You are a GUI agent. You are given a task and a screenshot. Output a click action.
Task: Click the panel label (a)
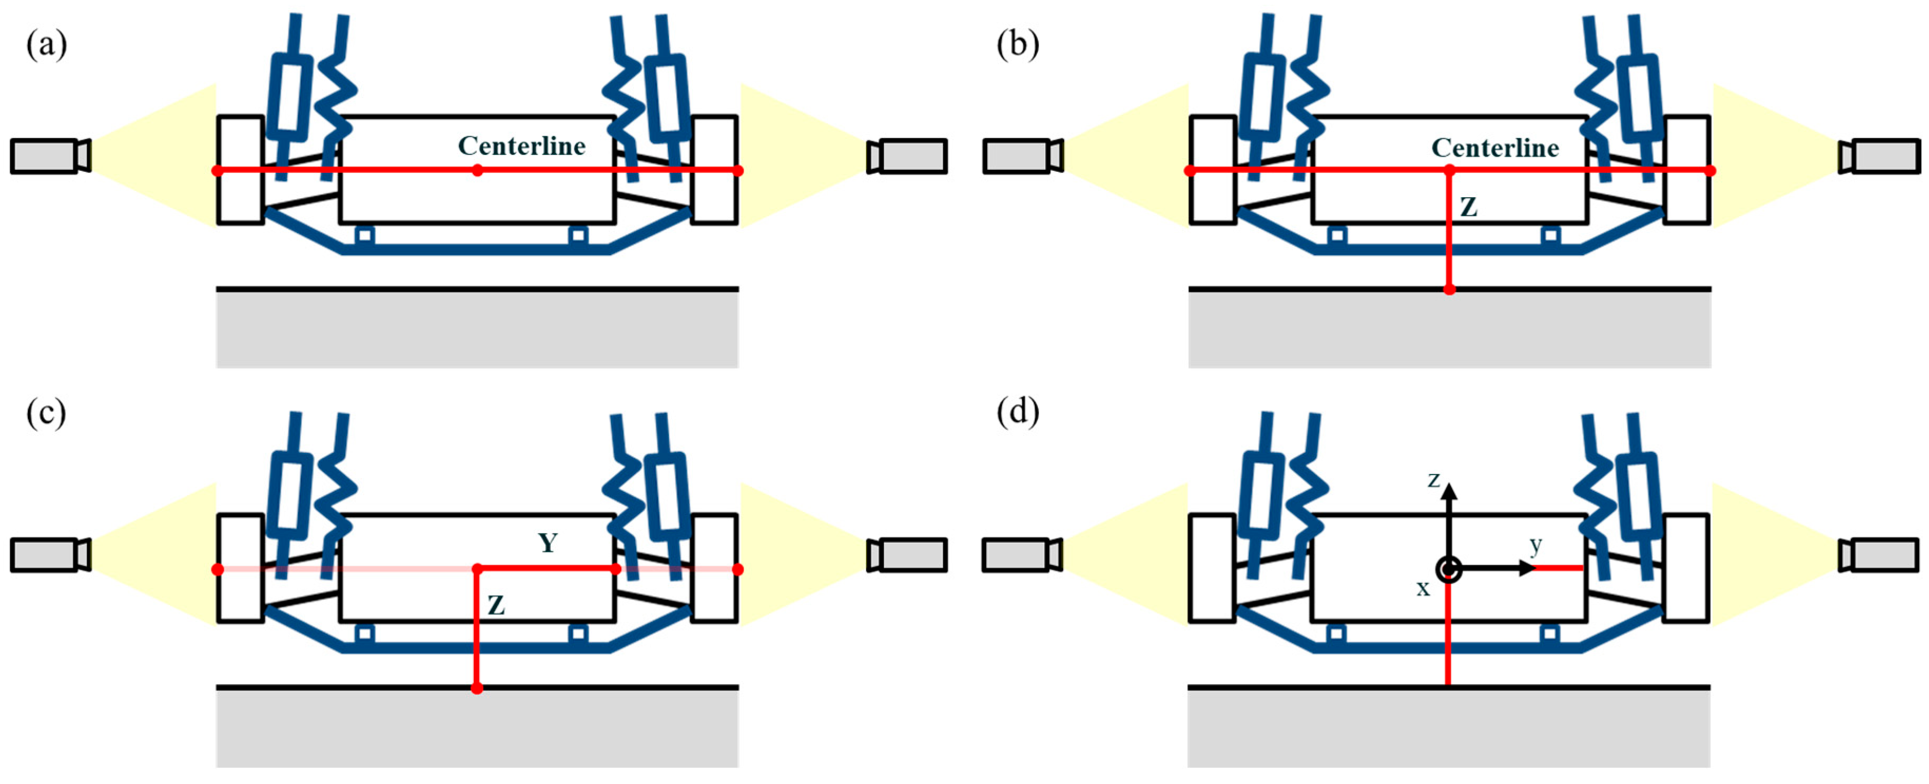coord(46,44)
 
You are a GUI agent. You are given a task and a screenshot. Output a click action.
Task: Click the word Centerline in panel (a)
coord(522,146)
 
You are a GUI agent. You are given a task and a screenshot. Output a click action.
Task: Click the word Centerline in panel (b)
coord(1495,148)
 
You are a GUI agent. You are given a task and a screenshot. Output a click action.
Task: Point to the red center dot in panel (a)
coord(477,171)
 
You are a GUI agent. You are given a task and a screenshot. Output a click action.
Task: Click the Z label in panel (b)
coord(1468,207)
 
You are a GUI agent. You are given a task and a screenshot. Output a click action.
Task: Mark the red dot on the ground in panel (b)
coord(1449,289)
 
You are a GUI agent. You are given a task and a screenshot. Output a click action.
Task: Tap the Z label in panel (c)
coord(496,605)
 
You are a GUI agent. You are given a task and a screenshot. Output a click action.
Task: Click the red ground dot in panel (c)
coord(476,688)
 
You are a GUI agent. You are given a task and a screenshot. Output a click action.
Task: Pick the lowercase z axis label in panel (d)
coord(1433,479)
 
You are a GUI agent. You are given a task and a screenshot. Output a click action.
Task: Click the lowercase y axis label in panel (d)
coord(1536,545)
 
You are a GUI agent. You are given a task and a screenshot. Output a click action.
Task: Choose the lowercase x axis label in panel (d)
coord(1423,588)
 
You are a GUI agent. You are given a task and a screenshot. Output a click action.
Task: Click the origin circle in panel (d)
coord(1449,569)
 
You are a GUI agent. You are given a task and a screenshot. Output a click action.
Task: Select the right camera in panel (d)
coord(1879,555)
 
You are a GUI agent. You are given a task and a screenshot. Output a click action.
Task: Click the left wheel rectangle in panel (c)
coord(240,568)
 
